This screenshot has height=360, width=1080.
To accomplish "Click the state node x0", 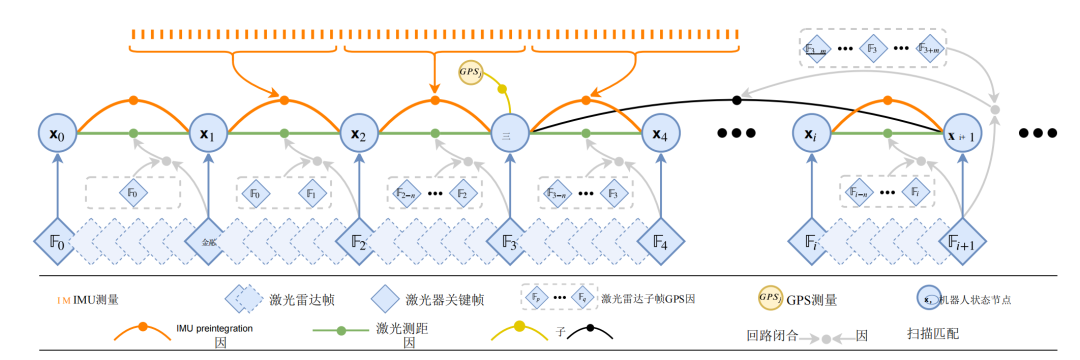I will [56, 133].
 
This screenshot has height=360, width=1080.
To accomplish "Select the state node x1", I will [208, 133].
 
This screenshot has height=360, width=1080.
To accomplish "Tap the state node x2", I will [358, 133].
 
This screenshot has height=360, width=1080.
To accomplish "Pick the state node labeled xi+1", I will [964, 133].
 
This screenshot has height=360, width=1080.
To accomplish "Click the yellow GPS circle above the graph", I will [470, 72].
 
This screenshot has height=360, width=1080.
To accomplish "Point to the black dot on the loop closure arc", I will [737, 99].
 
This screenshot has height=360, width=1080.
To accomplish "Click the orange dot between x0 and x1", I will [132, 101].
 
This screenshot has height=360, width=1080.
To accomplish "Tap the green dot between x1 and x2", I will [284, 133].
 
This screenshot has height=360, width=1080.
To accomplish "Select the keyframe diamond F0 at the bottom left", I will [56, 241].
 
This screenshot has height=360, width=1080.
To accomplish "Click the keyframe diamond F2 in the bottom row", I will [358, 241].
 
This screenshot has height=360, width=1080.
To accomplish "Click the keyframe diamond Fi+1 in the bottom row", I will [964, 241].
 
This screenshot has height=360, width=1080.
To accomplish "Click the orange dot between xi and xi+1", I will [888, 101].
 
